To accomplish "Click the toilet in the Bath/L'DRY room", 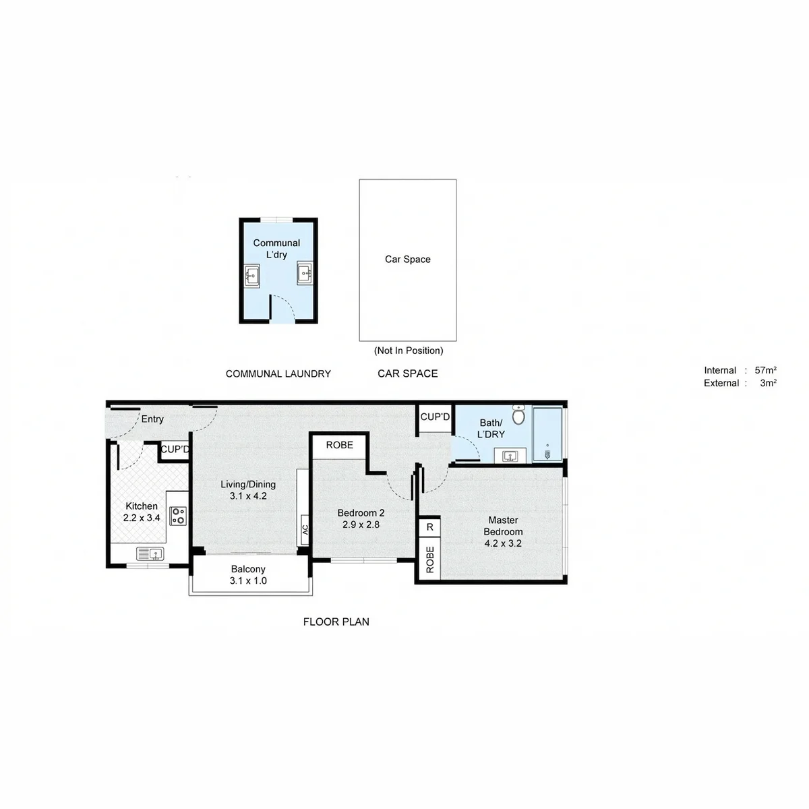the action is (x=519, y=415).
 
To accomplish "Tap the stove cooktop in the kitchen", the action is (x=178, y=516).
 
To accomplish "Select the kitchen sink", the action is (x=150, y=554).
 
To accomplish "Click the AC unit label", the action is (x=305, y=530).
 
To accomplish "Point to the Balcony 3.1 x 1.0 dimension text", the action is (x=248, y=580).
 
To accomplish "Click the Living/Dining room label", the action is (x=248, y=484).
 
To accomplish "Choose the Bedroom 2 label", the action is (x=361, y=512).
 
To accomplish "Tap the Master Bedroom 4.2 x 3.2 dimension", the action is (x=503, y=543).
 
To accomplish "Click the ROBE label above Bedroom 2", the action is (x=340, y=445).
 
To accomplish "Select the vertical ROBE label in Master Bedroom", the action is (x=430, y=560).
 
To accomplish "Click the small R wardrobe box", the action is (x=430, y=527).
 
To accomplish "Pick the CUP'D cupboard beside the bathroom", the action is (x=435, y=417).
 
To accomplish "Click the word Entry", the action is (x=152, y=419).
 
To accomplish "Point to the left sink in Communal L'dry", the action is (x=251, y=276).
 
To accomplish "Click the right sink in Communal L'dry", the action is (x=304, y=273).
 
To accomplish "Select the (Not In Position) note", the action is (x=409, y=351).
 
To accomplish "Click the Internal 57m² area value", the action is (x=765, y=370).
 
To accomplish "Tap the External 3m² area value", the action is (x=769, y=383).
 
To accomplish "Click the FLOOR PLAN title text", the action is (x=336, y=622).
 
